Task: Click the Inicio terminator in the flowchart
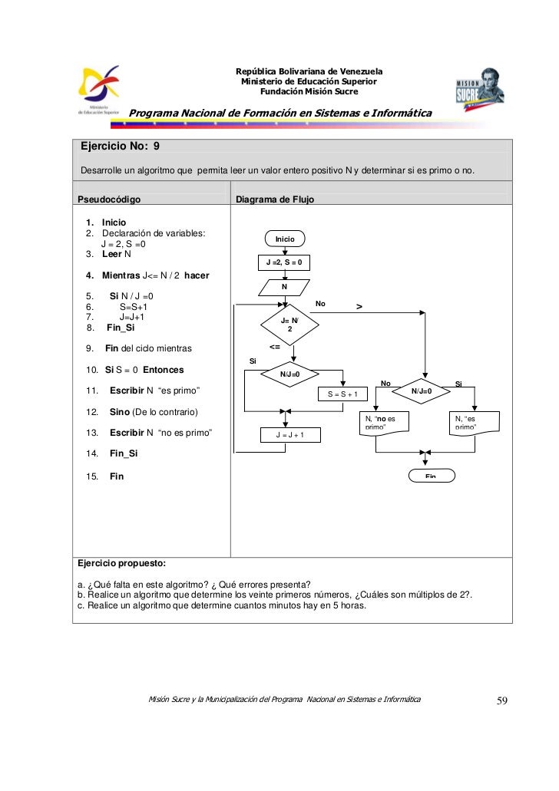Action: pyautogui.click(x=284, y=239)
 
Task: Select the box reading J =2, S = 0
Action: pyautogui.click(x=284, y=263)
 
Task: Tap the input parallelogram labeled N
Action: pyautogui.click(x=284, y=287)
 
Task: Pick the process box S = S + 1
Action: pyautogui.click(x=343, y=394)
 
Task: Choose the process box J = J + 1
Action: pyautogui.click(x=290, y=435)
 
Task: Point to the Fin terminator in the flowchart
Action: pyautogui.click(x=431, y=476)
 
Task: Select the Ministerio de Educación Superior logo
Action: pyautogui.click(x=101, y=91)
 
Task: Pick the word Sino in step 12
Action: pyautogui.click(x=121, y=412)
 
